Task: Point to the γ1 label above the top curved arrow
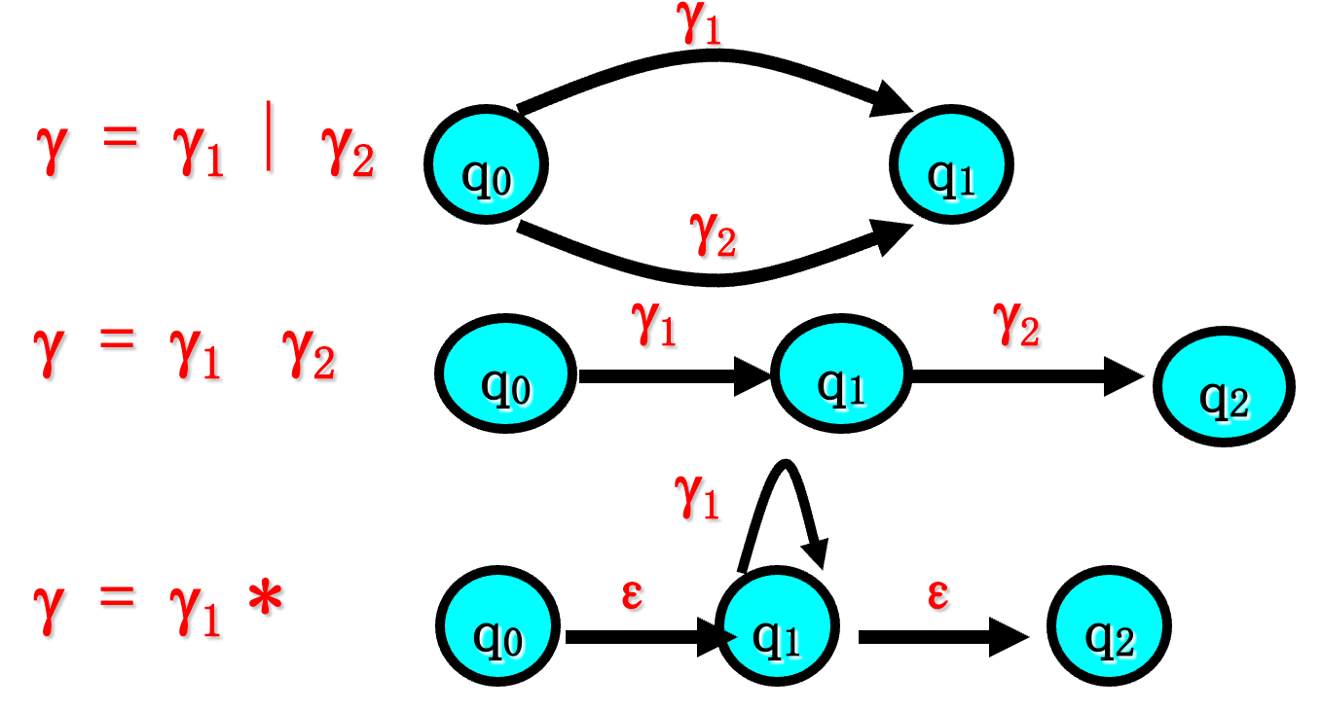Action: point(702,23)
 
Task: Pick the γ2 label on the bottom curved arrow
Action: point(713,235)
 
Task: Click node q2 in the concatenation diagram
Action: point(1224,386)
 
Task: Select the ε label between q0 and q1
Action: point(632,595)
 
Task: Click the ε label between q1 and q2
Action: point(937,595)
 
